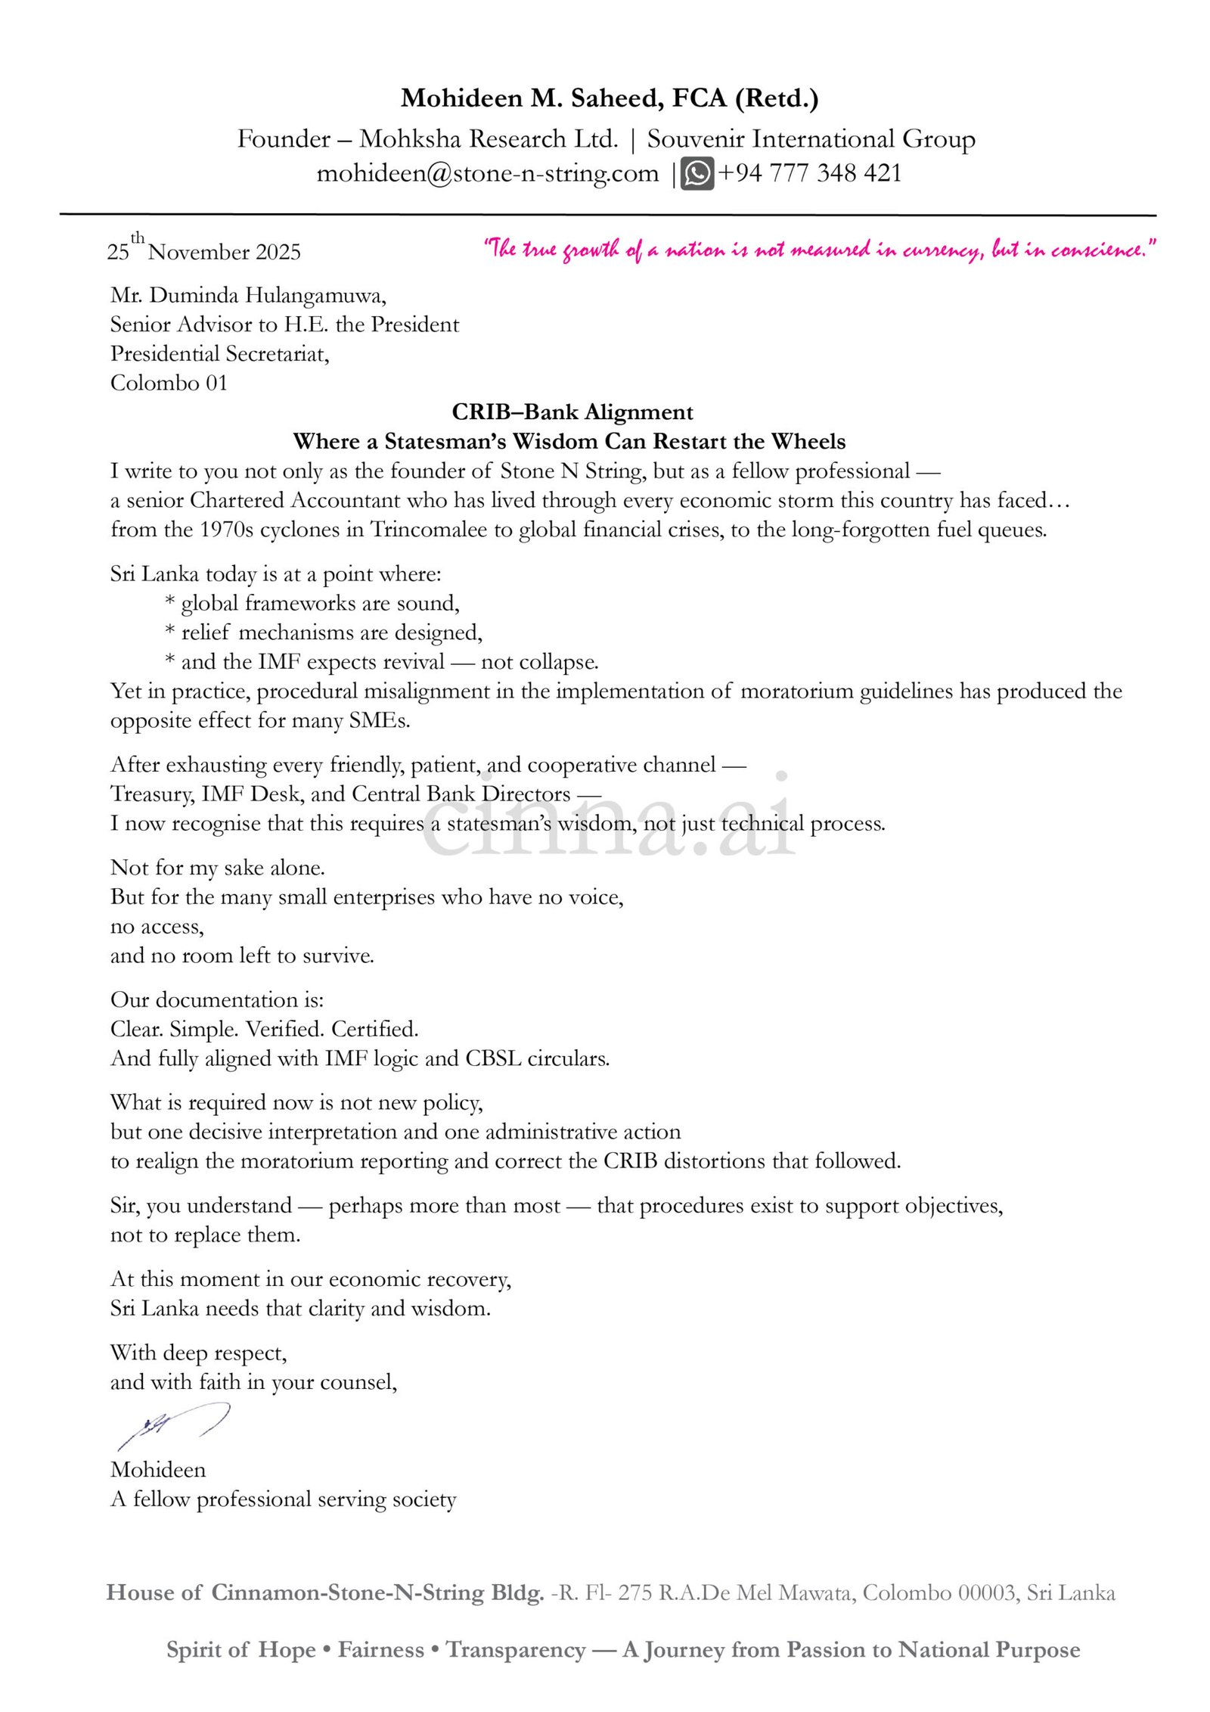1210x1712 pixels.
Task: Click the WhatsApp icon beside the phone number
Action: tap(697, 173)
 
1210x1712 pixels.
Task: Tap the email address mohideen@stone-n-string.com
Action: tap(487, 173)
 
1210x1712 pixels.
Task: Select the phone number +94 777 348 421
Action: tap(809, 173)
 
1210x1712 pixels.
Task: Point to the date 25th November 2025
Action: tap(204, 250)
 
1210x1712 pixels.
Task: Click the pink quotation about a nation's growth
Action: tap(820, 249)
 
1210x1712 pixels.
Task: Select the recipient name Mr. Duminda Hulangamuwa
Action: tap(248, 295)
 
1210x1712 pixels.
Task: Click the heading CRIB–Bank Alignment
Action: tap(572, 412)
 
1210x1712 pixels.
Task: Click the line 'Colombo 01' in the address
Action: tap(169, 383)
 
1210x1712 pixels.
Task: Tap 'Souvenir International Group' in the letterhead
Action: tap(811, 139)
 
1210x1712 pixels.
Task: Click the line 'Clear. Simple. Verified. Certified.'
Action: tap(264, 1029)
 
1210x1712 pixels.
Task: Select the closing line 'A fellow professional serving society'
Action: tap(283, 1498)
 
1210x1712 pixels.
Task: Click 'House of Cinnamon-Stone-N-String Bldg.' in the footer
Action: tap(324, 1592)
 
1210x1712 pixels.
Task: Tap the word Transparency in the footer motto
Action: tap(516, 1649)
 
